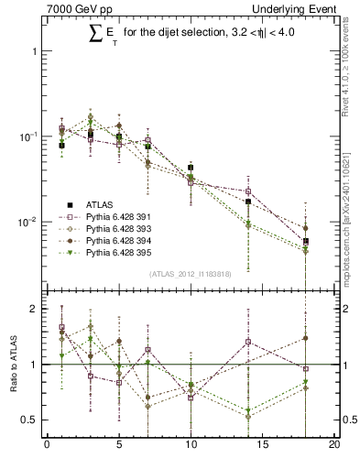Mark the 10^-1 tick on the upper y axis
click(x=31, y=136)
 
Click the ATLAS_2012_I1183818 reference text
click(x=190, y=273)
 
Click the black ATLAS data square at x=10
click(x=191, y=168)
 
